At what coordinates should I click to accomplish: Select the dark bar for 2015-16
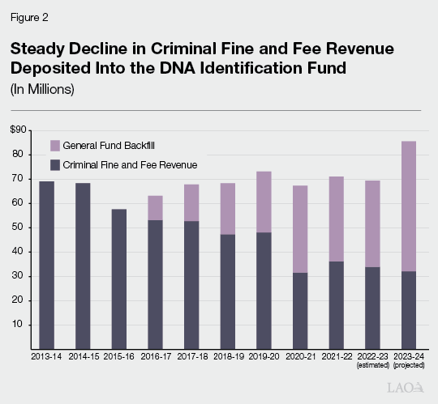(119, 279)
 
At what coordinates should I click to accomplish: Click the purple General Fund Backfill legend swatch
(55, 145)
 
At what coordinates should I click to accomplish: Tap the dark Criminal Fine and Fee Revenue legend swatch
(55, 165)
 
